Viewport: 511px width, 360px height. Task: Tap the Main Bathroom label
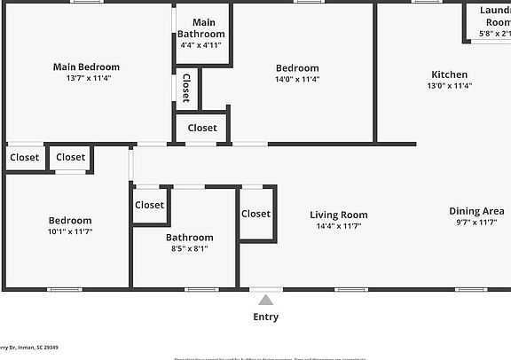coord(202,28)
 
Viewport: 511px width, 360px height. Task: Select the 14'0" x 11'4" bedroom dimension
coord(296,79)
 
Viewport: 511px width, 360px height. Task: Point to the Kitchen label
coord(449,74)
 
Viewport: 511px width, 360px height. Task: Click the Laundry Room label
coord(495,16)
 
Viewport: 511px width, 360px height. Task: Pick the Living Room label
coord(338,215)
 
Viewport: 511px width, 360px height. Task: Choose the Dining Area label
coord(476,211)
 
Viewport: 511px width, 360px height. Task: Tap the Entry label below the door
coord(265,317)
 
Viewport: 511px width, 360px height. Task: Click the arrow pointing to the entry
coord(265,300)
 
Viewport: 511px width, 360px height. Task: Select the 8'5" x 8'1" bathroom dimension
coord(189,249)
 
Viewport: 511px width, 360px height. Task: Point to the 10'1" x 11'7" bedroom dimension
coord(69,231)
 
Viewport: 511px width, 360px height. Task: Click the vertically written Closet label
coord(186,88)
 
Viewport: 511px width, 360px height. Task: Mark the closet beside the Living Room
coord(255,214)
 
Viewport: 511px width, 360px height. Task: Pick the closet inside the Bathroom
coord(149,205)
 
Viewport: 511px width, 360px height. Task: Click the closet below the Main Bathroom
coord(201,128)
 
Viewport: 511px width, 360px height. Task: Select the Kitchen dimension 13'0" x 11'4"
coord(449,86)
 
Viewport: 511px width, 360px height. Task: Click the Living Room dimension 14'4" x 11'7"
coord(338,226)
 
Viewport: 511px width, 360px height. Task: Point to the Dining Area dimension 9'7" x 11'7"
coord(476,223)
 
